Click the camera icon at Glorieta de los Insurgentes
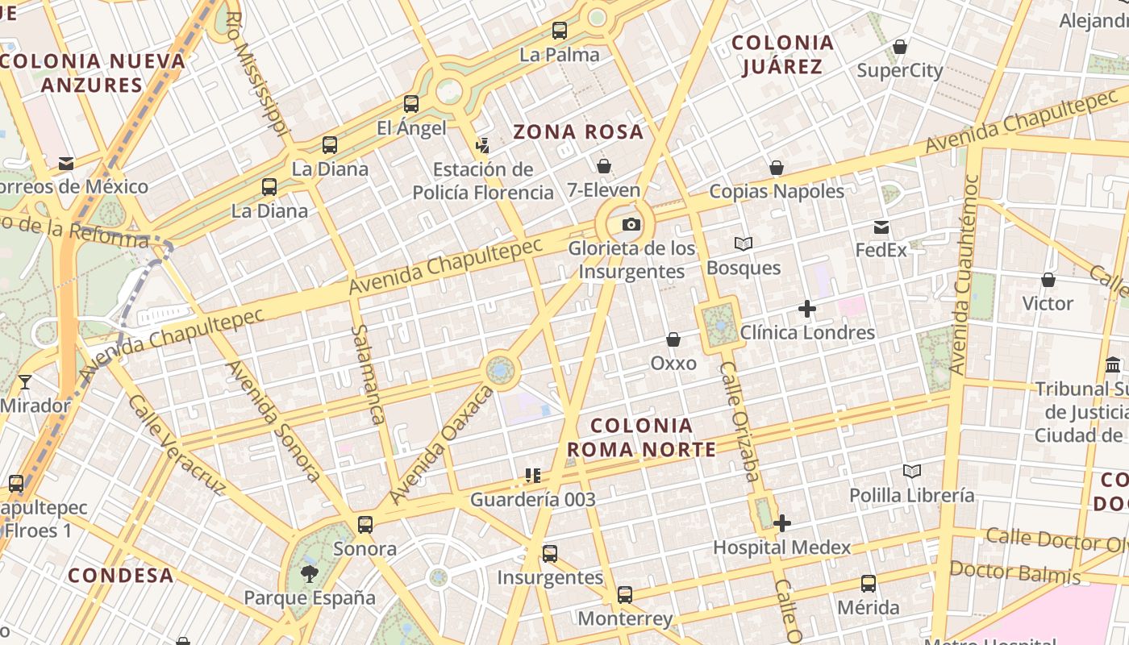631,224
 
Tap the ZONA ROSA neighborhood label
578,131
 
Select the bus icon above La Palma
559,31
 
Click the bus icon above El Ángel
411,104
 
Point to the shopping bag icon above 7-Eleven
604,166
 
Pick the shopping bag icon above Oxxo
673,339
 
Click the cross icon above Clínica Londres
806,308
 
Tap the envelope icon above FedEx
881,227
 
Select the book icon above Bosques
743,243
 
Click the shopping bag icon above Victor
1048,280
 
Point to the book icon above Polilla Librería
912,471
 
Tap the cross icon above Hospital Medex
781,524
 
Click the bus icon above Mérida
868,583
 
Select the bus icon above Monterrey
625,595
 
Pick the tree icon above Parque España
309,574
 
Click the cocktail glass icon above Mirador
24,381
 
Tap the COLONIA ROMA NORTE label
641,437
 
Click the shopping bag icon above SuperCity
899,47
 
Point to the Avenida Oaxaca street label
441,444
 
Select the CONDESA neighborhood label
121,575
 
